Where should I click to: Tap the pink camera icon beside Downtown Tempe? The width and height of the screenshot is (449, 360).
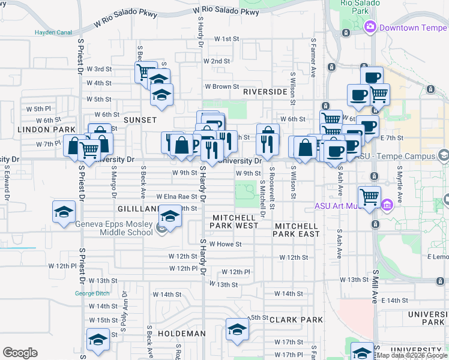click(x=370, y=27)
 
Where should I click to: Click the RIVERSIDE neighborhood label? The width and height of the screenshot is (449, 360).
click(x=265, y=92)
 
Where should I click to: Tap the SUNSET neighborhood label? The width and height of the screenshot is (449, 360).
click(x=140, y=120)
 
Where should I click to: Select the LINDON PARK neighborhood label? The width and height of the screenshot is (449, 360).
click(x=38, y=130)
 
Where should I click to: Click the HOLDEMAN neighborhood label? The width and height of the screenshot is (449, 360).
click(x=182, y=333)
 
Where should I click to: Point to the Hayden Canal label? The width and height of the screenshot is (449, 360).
click(x=53, y=32)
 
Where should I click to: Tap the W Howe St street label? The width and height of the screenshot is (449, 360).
click(x=225, y=244)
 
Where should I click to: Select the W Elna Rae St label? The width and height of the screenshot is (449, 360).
click(x=176, y=196)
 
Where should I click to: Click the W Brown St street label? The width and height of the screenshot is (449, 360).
click(x=221, y=87)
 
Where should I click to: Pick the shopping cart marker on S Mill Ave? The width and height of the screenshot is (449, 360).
click(x=369, y=197)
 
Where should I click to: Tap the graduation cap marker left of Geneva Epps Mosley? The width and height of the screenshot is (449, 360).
click(x=64, y=212)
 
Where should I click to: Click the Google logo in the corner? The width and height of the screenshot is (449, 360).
click(x=20, y=353)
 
